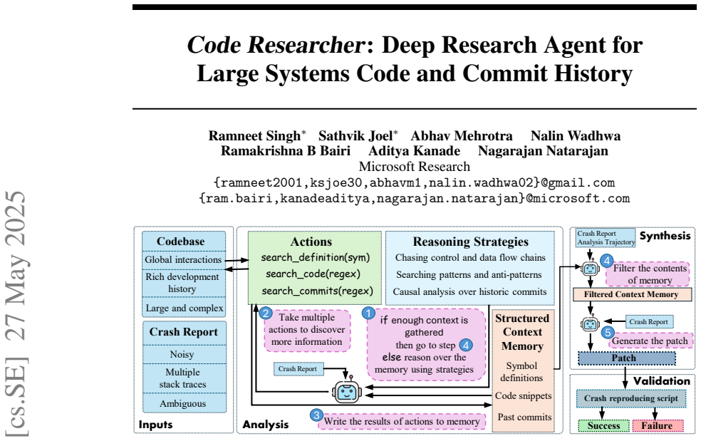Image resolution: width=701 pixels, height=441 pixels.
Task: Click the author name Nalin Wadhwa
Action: coord(576,135)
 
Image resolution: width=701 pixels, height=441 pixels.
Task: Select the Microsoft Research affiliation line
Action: coord(415,167)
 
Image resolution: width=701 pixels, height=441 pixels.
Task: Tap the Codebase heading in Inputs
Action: coord(181,242)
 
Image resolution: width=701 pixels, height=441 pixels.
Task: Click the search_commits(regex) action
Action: coord(318,291)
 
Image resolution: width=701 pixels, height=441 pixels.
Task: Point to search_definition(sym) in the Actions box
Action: coord(315,258)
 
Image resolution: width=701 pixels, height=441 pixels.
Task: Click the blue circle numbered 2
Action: coord(266,313)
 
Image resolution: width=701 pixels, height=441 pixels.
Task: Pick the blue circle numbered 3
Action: coord(316,415)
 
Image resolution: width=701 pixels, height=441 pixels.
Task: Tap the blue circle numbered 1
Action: coord(368,313)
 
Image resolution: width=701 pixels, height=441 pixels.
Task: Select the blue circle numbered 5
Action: coord(608,332)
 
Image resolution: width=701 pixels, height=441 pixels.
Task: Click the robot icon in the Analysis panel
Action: coord(346,391)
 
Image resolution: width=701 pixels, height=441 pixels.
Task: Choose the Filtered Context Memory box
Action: coord(632,294)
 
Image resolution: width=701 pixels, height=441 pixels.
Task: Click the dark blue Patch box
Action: coord(626,358)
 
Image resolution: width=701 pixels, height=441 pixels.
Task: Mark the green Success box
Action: coord(603,426)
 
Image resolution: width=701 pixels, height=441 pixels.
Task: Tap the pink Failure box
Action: coord(658,426)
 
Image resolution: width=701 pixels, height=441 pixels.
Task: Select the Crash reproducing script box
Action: coord(630,398)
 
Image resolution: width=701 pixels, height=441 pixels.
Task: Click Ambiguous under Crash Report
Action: coord(183,403)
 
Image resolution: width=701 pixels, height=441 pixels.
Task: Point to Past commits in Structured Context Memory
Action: coord(524,417)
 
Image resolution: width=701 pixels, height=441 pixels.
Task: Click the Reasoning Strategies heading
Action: coord(470,242)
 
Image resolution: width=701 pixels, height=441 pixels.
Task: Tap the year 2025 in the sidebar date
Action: coord(16,213)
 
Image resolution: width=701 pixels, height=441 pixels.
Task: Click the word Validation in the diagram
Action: coord(661,381)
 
